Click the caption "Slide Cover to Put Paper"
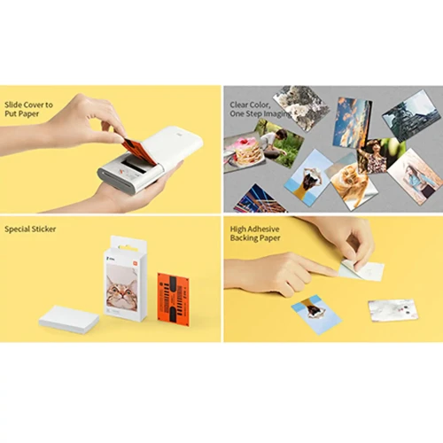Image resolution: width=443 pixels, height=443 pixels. click(28, 109)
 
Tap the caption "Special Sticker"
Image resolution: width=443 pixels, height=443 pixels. click(30, 229)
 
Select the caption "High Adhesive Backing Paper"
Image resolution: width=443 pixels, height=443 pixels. click(255, 233)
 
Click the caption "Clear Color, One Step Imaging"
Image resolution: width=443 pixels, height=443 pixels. click(260, 109)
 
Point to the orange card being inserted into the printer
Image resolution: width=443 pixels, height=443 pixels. click(139, 152)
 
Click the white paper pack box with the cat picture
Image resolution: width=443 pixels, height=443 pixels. click(126, 279)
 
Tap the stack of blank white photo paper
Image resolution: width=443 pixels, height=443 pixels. click(69, 320)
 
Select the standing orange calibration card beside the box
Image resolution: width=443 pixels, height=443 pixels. click(173, 300)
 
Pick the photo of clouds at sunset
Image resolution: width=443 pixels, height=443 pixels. click(353, 122)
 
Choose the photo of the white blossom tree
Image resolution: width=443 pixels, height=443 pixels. click(301, 107)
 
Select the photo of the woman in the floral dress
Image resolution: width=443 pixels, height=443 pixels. click(379, 156)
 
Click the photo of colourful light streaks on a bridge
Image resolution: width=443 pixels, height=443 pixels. click(259, 198)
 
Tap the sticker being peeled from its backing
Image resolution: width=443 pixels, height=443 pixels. click(361, 268)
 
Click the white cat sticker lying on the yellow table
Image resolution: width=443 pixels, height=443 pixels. click(393, 310)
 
